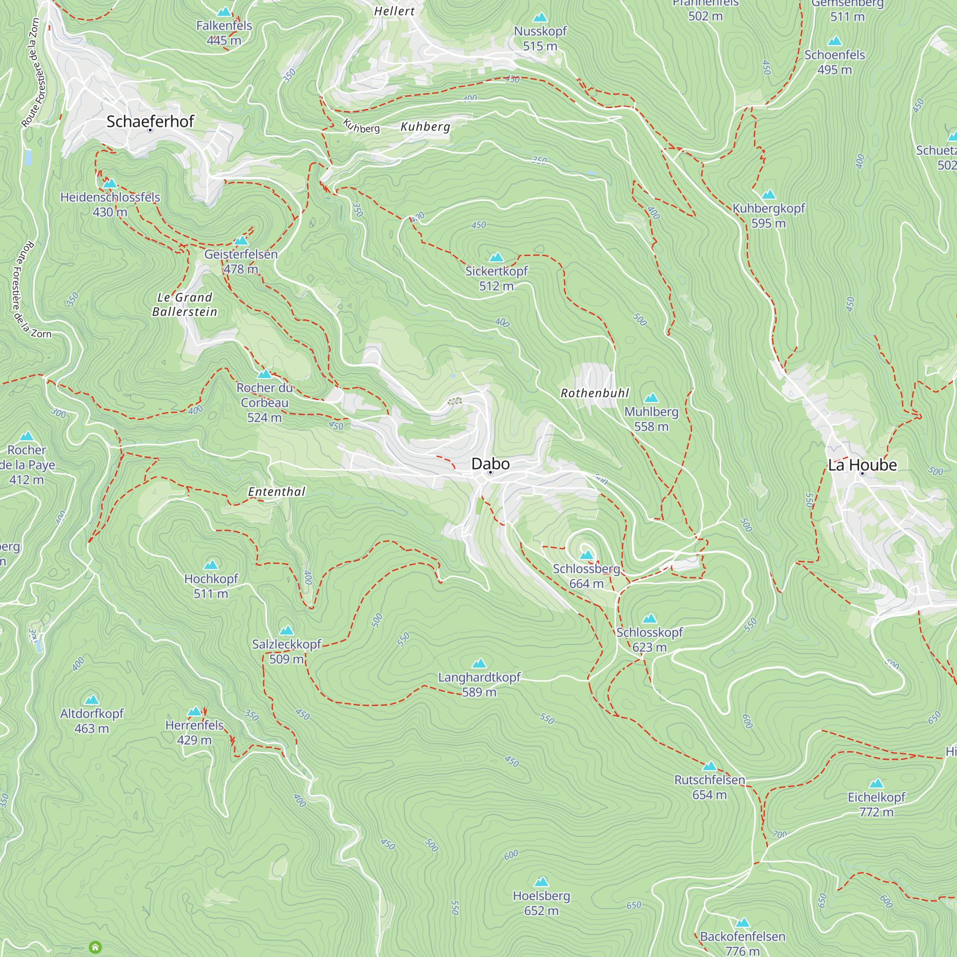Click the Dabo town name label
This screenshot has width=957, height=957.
pos(490,464)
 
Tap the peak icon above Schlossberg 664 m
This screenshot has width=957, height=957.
pos(586,555)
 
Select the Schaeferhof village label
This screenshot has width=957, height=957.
pos(150,122)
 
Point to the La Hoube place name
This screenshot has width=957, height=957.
pos(862,465)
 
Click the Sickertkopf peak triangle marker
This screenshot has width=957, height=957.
pos(496,257)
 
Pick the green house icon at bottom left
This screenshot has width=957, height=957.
pos(95,947)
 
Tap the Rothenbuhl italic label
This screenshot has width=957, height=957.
pos(594,393)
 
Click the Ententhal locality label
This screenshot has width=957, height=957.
pos(277,491)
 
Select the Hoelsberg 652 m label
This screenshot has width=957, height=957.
pos(541,903)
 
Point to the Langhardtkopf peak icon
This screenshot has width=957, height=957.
pos(478,663)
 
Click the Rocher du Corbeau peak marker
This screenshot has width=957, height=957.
pos(265,374)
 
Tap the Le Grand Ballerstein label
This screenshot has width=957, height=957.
pos(184,304)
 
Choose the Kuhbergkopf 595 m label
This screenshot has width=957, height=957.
pos(768,215)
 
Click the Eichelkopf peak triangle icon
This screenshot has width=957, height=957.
pos(876,783)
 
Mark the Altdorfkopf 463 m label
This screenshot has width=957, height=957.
pos(92,721)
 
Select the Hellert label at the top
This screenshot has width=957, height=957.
pos(394,11)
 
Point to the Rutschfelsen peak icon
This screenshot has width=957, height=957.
pos(709,766)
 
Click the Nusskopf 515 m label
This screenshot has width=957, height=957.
pos(540,38)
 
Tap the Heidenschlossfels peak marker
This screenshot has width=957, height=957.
pos(110,183)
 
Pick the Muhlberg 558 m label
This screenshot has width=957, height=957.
pos(651,419)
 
